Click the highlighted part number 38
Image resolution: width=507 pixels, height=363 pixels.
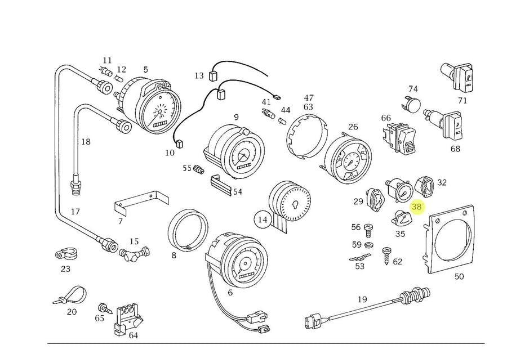(417, 207)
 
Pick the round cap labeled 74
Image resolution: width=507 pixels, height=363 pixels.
(413, 104)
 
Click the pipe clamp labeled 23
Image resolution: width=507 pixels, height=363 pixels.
(66, 255)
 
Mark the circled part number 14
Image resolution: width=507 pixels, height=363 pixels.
(263, 219)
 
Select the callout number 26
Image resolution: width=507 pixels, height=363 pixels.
(353, 127)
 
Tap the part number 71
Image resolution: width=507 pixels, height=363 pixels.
(462, 101)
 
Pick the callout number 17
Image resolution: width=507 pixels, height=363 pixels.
(75, 212)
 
